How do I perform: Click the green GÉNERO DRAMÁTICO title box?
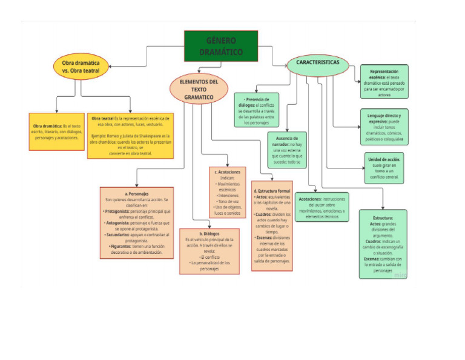(x=220, y=47)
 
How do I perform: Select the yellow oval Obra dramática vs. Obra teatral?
(x=81, y=66)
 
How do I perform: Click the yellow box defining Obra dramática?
(x=56, y=132)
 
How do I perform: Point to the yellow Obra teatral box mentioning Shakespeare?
(x=130, y=135)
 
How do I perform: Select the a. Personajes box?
(x=136, y=222)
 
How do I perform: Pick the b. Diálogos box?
(x=209, y=250)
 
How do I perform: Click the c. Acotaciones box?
(x=227, y=192)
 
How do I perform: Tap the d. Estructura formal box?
(x=272, y=225)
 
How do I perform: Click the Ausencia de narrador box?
(x=287, y=150)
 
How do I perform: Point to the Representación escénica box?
(x=384, y=82)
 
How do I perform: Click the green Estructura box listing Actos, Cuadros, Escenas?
(x=383, y=244)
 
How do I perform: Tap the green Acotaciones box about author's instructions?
(x=322, y=207)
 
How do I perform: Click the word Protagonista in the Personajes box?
(x=120, y=211)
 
